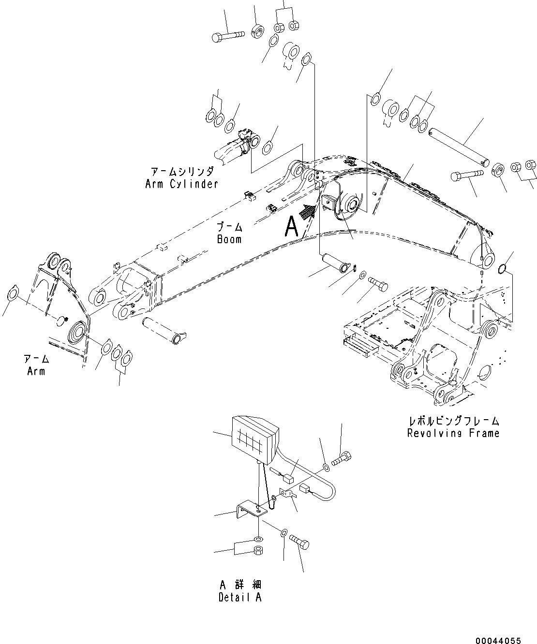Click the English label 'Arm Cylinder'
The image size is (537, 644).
pos(181,184)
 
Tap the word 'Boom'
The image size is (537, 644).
pos(229,239)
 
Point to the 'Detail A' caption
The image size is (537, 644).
pos(240,597)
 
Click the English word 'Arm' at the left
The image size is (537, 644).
pos(36,371)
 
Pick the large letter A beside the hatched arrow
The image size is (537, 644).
pos(292,225)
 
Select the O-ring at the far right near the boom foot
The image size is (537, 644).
pos(502,268)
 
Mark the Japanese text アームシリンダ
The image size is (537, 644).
pos(181,172)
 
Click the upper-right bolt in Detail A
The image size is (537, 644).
pos(342,457)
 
